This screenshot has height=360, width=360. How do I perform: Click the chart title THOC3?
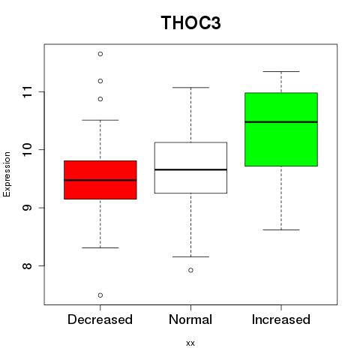[190, 22]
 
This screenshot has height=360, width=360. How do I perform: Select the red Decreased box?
[100, 180]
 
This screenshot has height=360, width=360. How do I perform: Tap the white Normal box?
[190, 168]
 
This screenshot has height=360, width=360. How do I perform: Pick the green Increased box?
[281, 129]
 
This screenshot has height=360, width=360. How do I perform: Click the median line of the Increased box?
[281, 122]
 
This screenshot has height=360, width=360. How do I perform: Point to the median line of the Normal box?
[190, 169]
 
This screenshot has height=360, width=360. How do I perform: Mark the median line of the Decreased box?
[100, 180]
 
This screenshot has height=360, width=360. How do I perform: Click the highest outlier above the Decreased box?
[100, 54]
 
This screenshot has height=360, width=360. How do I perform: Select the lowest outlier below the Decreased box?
[100, 295]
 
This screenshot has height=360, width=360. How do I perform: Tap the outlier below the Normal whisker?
[190, 270]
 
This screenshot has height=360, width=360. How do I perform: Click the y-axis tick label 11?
[28, 91]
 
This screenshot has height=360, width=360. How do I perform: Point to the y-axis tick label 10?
[28, 149]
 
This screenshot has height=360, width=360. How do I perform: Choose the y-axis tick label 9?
[28, 208]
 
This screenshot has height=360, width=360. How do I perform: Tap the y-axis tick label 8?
[28, 265]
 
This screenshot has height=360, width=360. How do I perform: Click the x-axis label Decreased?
[100, 319]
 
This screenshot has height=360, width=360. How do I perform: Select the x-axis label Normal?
[190, 319]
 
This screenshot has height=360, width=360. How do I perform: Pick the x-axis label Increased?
[281, 319]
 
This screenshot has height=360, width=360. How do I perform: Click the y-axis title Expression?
[7, 174]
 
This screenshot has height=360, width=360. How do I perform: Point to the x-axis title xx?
[190, 343]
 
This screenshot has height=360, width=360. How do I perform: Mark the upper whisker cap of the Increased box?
[281, 71]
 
